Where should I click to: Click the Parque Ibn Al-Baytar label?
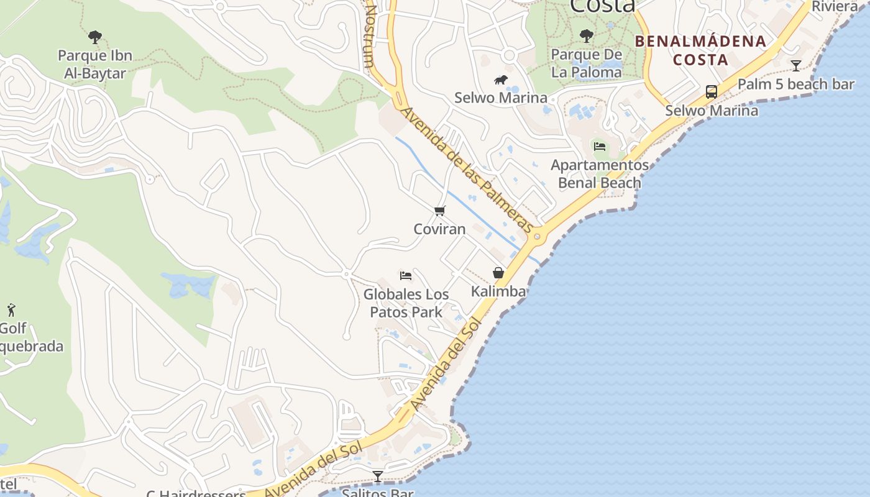point(95,65)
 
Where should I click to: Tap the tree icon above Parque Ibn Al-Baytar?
point(95,37)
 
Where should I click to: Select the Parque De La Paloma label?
point(586,63)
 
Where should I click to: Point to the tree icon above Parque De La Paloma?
point(586,36)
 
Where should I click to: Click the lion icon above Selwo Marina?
point(501,80)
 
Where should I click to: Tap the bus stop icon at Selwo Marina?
point(712,92)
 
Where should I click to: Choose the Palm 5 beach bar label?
point(795,84)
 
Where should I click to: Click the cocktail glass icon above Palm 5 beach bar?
point(796,65)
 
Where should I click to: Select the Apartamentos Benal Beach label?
point(600,174)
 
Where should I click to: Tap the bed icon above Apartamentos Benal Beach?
point(600,147)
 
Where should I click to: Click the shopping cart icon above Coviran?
point(440,211)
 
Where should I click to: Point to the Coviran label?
point(440,229)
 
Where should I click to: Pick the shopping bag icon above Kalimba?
point(498,273)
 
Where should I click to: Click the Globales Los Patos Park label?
point(406,303)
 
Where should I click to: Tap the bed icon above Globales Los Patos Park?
point(406,276)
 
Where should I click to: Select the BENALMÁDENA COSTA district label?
point(700,50)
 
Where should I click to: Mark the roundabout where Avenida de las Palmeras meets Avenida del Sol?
point(538,237)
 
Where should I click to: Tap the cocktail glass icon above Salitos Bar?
point(378,476)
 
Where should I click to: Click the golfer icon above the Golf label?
point(11,309)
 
